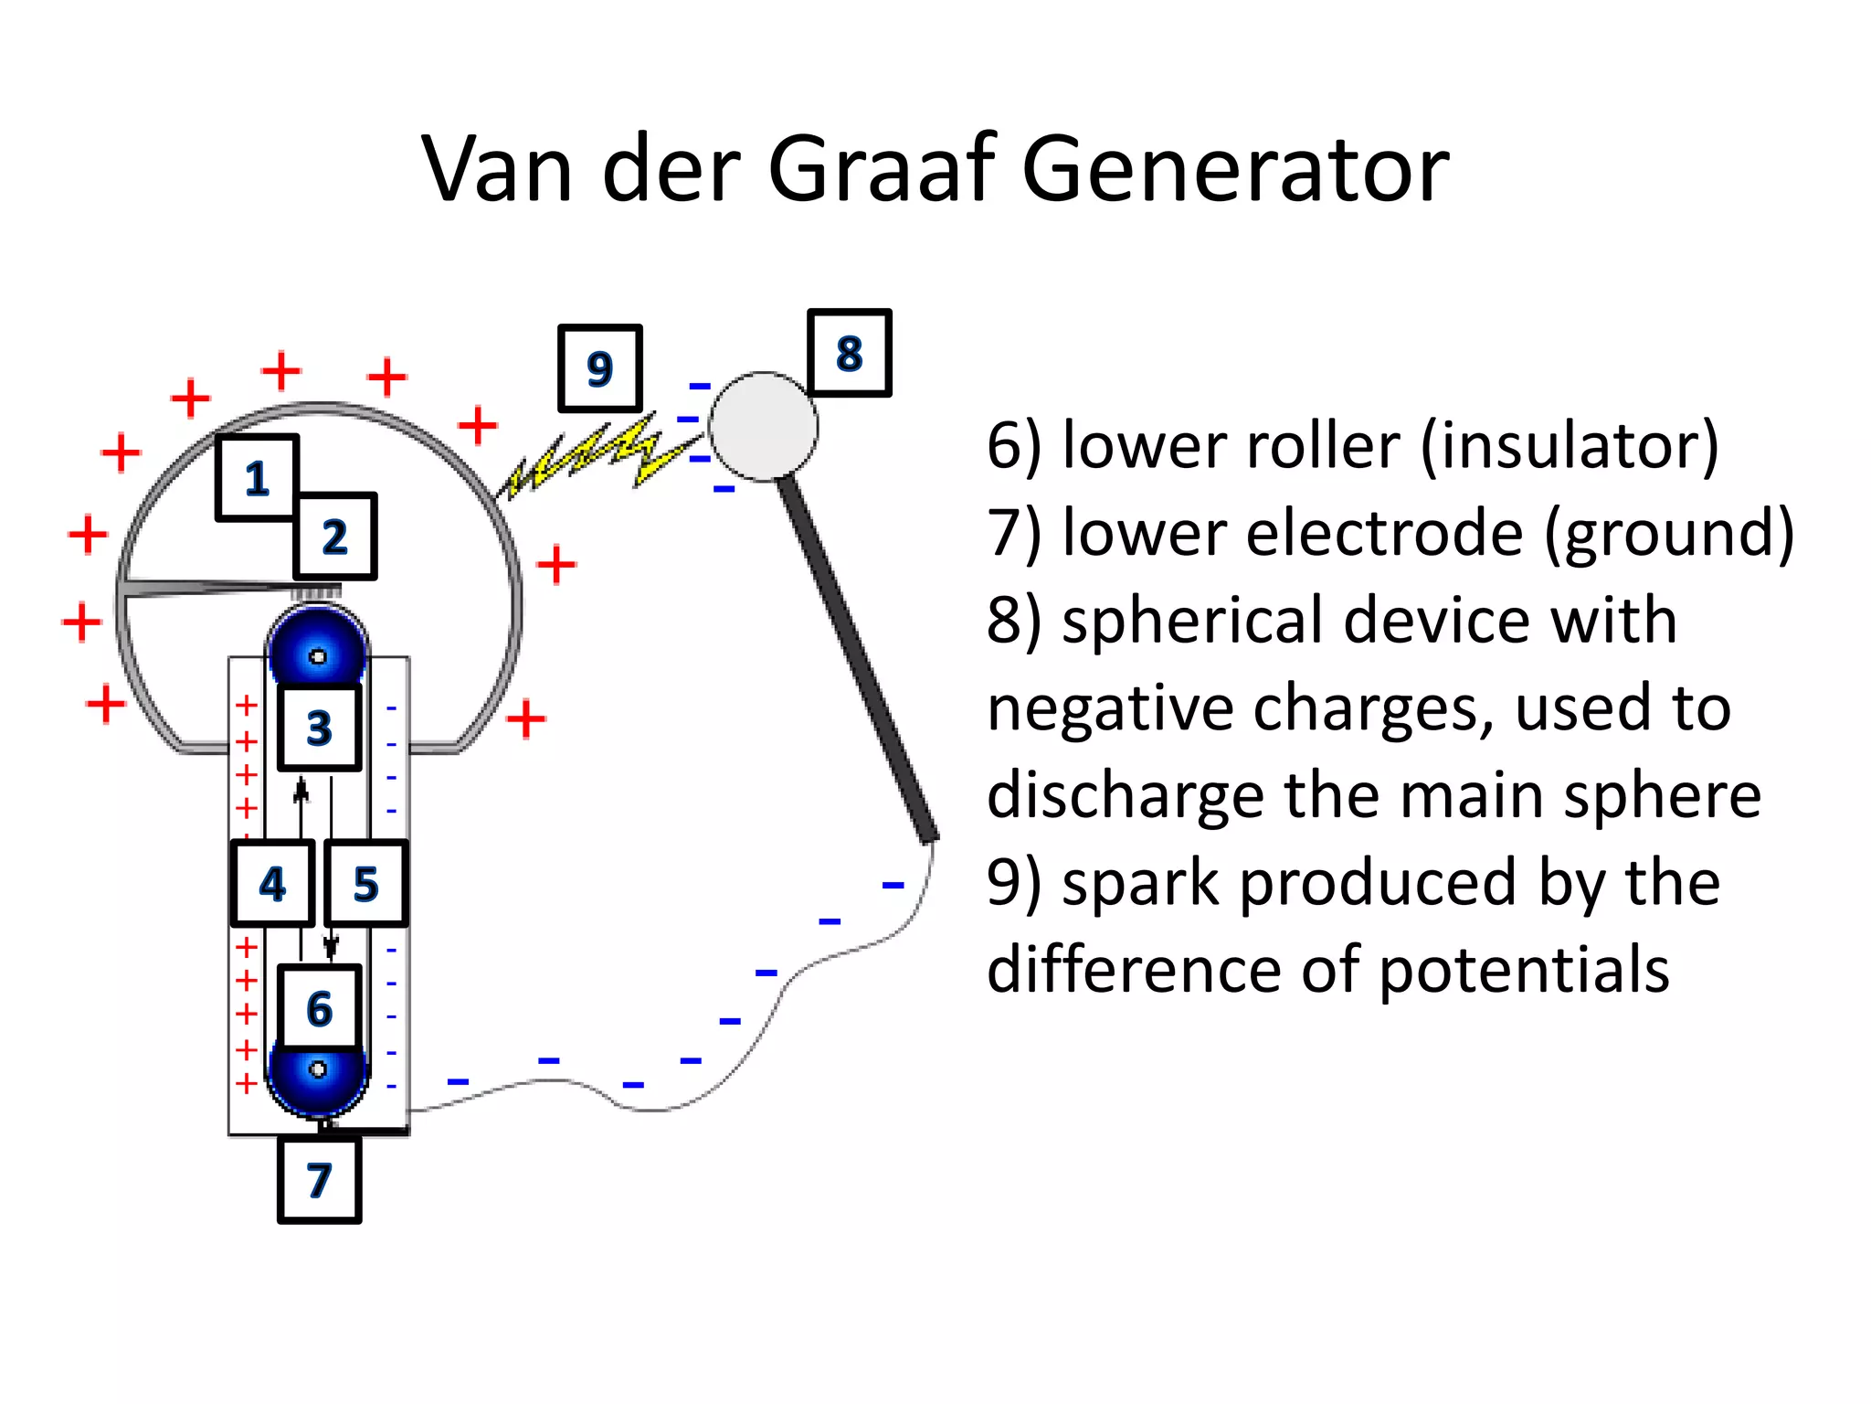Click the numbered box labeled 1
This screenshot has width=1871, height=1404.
(x=257, y=477)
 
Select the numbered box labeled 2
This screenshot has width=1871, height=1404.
(x=334, y=537)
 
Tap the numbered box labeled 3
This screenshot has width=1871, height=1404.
(x=319, y=728)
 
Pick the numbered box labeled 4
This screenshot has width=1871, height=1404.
(x=272, y=884)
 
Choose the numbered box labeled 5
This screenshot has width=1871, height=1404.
(x=365, y=884)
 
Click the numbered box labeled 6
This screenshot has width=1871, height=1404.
(x=319, y=1007)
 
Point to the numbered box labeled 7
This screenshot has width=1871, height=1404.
(x=319, y=1179)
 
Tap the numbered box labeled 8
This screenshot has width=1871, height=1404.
(x=849, y=353)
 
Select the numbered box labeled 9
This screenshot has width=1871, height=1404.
(x=599, y=368)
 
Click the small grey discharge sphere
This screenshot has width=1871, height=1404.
(x=763, y=426)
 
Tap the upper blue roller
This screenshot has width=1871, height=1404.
(x=317, y=644)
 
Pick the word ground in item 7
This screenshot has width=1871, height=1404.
(x=1669, y=534)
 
